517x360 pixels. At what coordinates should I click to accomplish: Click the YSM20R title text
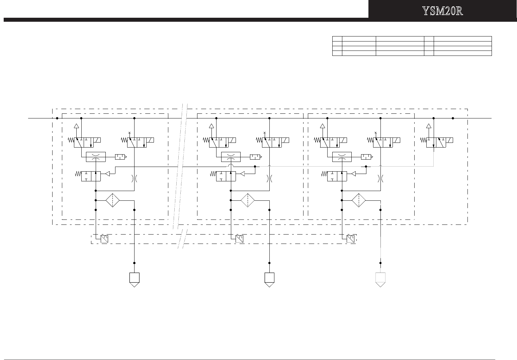coord(442,11)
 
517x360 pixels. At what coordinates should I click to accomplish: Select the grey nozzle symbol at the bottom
coord(380,279)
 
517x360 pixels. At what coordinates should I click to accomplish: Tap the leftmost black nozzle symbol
coord(134,279)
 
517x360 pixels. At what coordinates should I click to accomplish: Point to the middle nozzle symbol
coord(269,279)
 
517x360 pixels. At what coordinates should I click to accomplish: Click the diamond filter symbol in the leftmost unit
coord(113,201)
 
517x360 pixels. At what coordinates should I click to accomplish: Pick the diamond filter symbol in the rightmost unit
coord(359,201)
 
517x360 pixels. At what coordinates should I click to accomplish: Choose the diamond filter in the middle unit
coord(248,201)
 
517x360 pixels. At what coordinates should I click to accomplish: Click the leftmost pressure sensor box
coord(104,239)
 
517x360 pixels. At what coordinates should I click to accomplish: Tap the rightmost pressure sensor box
coord(350,239)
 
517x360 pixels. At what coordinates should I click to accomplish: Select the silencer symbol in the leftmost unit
coord(120,157)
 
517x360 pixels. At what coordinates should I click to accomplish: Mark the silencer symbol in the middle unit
coord(256,157)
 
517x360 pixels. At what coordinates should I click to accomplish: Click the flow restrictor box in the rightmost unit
coord(342,157)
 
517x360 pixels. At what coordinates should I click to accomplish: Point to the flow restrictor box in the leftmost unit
coord(96,157)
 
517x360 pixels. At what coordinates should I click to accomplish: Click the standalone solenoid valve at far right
coord(440,142)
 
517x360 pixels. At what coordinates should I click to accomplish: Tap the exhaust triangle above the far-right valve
coord(428,126)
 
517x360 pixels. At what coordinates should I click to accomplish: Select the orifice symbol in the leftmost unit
coord(134,179)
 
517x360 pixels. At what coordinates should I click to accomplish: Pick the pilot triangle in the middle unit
coord(243,174)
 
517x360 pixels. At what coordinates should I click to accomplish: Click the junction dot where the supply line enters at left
coord(57,118)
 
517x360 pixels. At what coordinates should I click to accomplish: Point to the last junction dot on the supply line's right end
coord(453,118)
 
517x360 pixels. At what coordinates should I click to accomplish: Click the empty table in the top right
coord(412,46)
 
